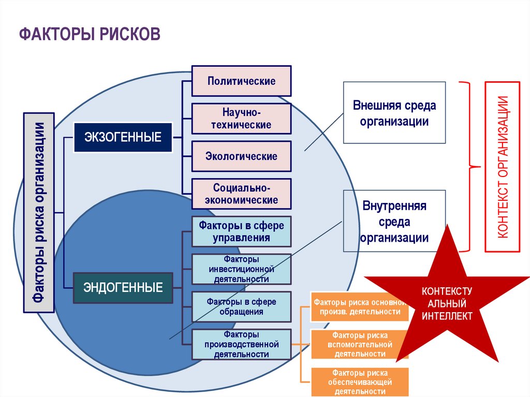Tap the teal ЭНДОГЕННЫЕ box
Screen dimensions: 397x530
[x=123, y=287]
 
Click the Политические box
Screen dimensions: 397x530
[x=241, y=81]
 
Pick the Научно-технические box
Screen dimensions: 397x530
[x=241, y=119]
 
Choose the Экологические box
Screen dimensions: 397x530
[x=241, y=156]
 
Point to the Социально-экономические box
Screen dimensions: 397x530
[x=241, y=193]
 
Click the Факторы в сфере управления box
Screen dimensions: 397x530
[x=241, y=231]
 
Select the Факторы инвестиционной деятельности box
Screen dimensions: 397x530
[x=241, y=269]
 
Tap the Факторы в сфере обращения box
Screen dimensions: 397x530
[x=241, y=306]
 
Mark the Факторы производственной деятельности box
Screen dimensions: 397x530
[x=241, y=344]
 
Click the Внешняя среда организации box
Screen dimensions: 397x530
[x=394, y=113]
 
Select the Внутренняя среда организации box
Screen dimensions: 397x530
[x=394, y=222]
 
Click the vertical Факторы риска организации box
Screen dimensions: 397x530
[x=39, y=212]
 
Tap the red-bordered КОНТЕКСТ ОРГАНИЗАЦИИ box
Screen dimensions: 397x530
[x=502, y=167]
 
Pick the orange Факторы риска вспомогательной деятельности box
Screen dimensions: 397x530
[x=360, y=344]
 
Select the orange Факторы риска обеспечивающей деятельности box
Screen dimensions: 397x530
[x=360, y=382]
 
